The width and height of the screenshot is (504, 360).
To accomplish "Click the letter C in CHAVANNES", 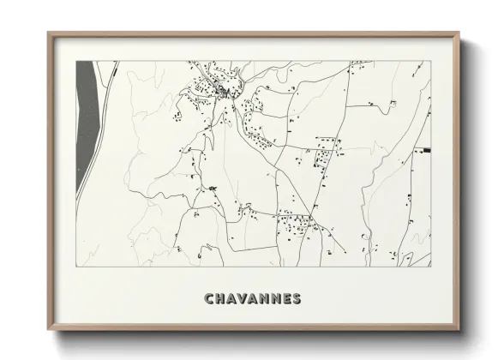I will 209,299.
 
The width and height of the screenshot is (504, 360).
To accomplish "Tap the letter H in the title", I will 221,299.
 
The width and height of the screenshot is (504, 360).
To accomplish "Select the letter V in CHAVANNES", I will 245,299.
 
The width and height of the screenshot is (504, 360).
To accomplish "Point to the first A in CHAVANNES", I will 233,299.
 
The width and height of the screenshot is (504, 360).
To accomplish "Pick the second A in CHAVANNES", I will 257,299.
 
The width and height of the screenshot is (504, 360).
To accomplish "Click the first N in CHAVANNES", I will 269,299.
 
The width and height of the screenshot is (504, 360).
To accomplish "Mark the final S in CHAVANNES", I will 298,299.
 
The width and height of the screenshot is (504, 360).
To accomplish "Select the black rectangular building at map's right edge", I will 426,150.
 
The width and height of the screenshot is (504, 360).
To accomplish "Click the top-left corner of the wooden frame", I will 49,33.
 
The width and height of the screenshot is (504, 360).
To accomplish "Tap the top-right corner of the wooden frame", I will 459,33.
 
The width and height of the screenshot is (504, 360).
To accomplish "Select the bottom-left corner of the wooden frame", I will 49,331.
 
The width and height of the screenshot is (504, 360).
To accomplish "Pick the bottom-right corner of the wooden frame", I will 459,331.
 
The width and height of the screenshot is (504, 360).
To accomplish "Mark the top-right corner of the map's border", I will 430,61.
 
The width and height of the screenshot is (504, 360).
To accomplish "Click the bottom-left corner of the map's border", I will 77,267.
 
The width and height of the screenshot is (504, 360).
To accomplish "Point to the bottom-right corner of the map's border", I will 430,267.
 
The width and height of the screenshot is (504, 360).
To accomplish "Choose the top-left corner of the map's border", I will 77,61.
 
